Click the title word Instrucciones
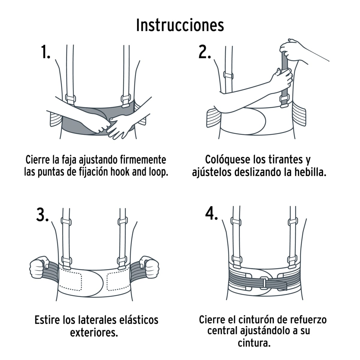[180, 25]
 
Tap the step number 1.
[45, 52]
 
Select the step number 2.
[205, 52]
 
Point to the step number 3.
[42, 215]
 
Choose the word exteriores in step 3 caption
[94, 332]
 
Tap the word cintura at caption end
[254, 343]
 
